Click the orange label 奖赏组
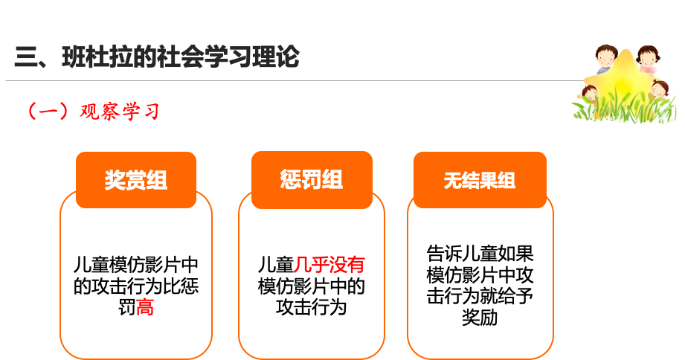pos(136,180)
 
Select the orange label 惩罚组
pos(312,180)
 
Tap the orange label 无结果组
pos(480,181)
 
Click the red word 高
pos(145,306)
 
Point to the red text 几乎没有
pos(329,265)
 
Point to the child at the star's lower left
pos(589,94)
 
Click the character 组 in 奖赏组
pos(157,180)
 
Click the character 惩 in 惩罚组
pos(291,180)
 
